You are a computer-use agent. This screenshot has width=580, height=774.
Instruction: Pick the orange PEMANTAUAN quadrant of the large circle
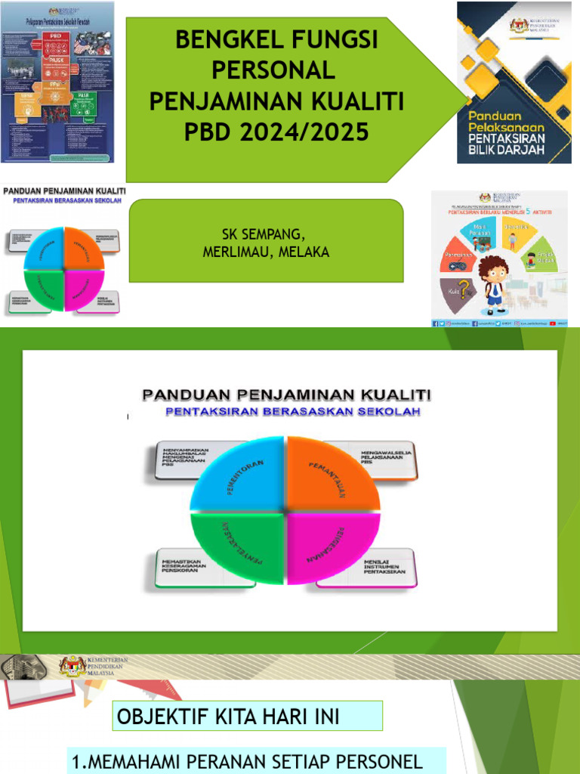pyautogui.click(x=329, y=476)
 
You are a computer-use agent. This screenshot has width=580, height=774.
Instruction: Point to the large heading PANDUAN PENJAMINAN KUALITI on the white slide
pyautogui.click(x=286, y=394)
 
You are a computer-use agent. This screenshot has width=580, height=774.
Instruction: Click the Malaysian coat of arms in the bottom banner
pyautogui.click(x=73, y=667)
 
